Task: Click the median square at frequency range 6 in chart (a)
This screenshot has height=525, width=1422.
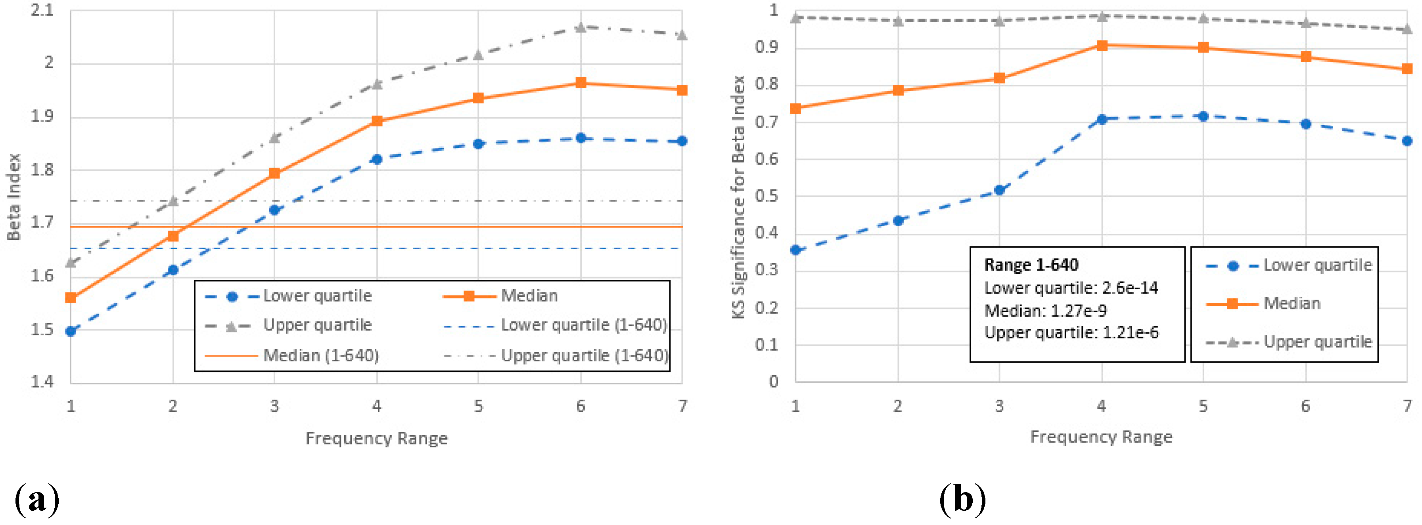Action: point(581,83)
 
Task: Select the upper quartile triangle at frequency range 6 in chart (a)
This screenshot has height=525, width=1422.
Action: point(581,27)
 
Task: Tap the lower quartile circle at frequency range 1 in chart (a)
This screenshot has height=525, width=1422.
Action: point(71,331)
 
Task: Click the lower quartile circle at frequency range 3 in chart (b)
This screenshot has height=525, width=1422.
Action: point(999,190)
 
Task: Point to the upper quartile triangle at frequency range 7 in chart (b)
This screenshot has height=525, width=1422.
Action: point(1407,29)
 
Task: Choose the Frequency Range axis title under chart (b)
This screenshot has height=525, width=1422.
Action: point(1101,437)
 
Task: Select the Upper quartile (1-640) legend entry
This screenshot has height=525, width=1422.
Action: point(584,355)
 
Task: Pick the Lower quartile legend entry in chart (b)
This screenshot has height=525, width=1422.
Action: point(1317,265)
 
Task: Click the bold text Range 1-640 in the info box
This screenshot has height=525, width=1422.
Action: point(1031,265)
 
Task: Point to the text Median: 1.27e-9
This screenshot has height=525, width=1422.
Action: point(1046,311)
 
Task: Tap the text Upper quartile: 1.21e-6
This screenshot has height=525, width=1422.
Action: point(1071,332)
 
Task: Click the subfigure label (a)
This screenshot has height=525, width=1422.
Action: point(36,499)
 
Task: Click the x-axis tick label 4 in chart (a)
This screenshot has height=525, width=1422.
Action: point(376,407)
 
